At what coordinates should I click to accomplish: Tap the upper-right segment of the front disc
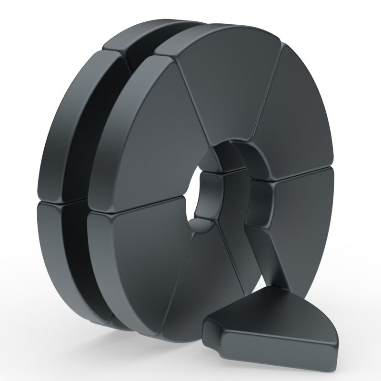click(295, 110)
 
